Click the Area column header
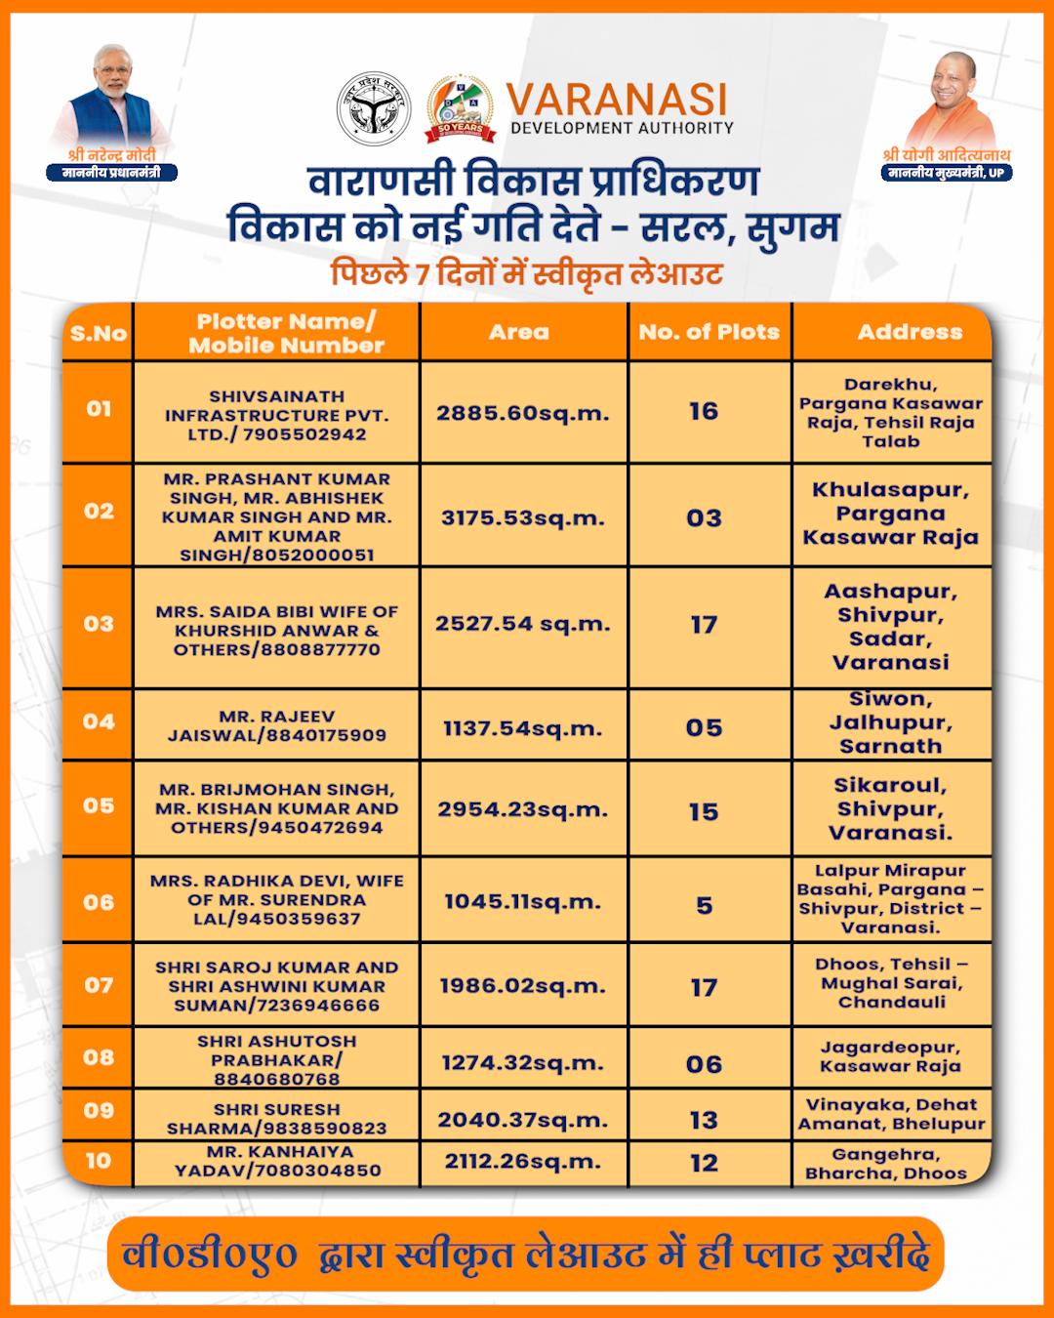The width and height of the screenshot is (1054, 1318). (x=519, y=332)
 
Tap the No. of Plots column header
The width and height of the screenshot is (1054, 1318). (x=709, y=332)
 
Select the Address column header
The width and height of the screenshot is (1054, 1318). (x=910, y=332)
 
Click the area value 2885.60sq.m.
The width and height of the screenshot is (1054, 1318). (x=522, y=413)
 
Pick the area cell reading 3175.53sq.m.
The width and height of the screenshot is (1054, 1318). (x=522, y=517)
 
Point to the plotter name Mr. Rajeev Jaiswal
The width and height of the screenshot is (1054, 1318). (x=277, y=725)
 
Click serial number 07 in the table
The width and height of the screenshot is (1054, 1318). (x=99, y=984)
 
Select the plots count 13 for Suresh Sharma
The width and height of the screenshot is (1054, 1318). (x=704, y=1120)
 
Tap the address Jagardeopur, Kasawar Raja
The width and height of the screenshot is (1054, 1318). (x=890, y=1056)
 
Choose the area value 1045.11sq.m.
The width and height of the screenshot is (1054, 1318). (x=522, y=902)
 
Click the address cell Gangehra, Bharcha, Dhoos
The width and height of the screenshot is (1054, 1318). (x=886, y=1164)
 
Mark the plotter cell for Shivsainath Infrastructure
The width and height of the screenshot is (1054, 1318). (x=277, y=415)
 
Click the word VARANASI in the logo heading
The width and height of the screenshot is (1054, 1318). (x=617, y=100)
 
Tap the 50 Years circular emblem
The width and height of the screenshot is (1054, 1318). (x=460, y=107)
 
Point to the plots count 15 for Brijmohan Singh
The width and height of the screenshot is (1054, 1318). (x=704, y=811)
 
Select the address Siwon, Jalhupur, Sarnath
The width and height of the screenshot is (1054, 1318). (x=890, y=722)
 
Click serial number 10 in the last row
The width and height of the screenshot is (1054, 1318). (x=99, y=1161)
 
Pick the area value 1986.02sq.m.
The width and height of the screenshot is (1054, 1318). (x=522, y=986)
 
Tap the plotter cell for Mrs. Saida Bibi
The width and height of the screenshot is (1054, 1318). (x=277, y=630)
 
